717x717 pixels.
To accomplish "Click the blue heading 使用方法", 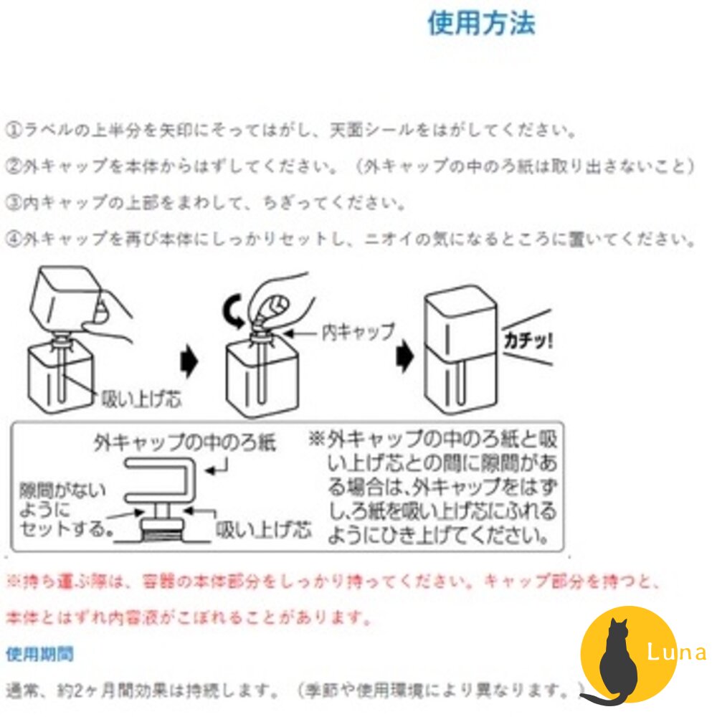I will (481, 24).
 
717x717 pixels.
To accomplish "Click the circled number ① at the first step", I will (14, 131).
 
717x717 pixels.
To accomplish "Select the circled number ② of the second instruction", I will (14, 167).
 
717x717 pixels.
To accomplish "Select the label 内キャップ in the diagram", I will (358, 331).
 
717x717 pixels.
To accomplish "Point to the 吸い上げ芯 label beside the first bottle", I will (140, 398).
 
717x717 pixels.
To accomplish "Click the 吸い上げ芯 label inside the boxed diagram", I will (263, 530).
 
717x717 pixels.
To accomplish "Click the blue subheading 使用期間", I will (39, 654).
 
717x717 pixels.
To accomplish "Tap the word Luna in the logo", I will (675, 652).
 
